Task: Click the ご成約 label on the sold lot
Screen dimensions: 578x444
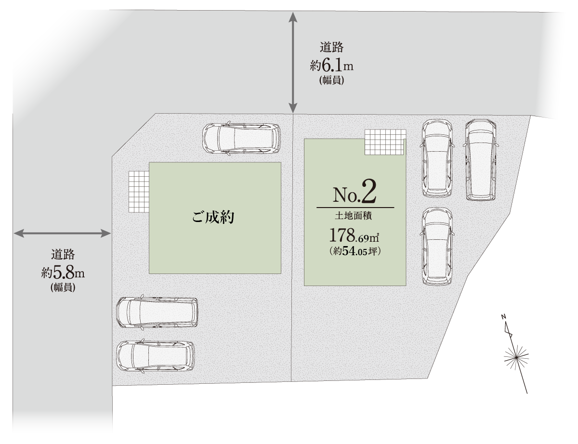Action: point(213,217)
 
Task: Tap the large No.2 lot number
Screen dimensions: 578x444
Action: point(355,192)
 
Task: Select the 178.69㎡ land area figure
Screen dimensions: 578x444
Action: point(354,235)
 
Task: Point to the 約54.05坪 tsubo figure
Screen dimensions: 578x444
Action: point(355,251)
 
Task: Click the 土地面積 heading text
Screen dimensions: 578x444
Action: point(353,216)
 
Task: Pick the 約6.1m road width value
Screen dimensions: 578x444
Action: point(331,65)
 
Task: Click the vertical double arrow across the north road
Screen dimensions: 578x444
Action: point(293,63)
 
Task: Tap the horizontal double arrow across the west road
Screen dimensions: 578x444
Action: point(62,234)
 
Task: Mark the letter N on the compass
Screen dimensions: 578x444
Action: point(503,317)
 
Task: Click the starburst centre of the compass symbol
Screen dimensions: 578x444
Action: point(516,358)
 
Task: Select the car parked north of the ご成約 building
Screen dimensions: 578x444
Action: point(241,138)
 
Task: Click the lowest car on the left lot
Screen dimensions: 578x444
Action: point(156,356)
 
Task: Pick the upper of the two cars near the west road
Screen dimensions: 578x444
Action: point(157,313)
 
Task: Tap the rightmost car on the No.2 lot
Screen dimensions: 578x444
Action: point(481,160)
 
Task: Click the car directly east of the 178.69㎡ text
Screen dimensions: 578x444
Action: point(437,247)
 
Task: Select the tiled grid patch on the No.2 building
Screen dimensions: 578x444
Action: point(385,142)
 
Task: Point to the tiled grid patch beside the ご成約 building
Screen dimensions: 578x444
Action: point(139,192)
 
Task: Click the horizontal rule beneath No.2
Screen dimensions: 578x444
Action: point(355,208)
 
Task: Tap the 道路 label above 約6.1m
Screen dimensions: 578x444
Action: point(332,48)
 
